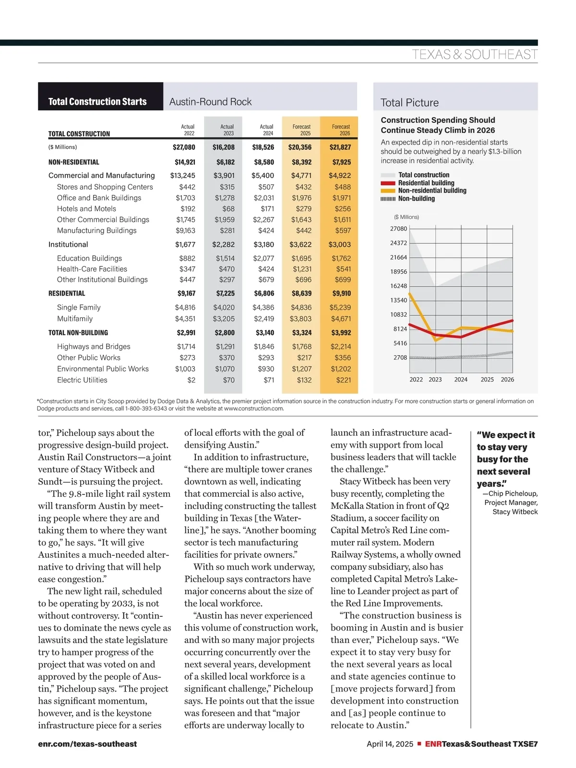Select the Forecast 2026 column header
[341, 130]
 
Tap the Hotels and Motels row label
[86, 209]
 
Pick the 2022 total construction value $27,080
[184, 147]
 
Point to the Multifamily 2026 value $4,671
[341, 319]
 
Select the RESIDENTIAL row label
[67, 293]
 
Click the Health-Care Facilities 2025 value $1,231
[302, 269]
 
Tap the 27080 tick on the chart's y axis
[398, 229]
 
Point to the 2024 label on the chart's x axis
[461, 380]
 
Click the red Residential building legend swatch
[388, 183]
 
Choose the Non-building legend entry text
[416, 199]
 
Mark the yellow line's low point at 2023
[436, 340]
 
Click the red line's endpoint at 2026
[513, 320]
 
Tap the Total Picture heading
[409, 103]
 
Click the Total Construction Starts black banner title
[97, 102]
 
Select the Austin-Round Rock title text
[210, 102]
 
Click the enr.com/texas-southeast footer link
[87, 744]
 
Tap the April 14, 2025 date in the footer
[390, 744]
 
